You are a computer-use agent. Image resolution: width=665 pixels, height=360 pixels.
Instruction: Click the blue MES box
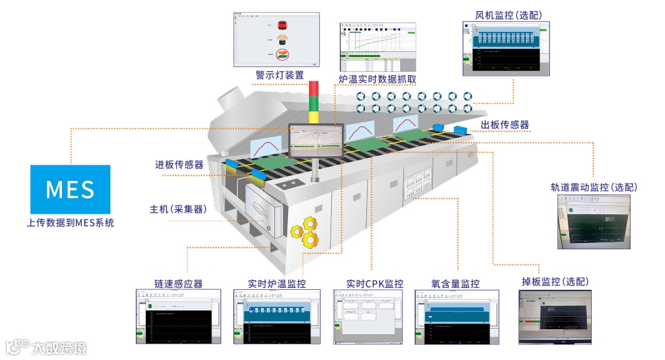(70, 189)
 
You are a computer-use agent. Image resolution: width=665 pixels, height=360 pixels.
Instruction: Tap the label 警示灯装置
(280, 75)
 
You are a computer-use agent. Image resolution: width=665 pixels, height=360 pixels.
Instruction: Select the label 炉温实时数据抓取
(377, 79)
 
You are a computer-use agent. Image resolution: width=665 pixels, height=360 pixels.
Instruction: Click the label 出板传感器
(505, 125)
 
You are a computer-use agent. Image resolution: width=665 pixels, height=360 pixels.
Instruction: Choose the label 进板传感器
(180, 165)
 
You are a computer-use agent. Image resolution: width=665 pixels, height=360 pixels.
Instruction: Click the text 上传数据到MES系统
(70, 222)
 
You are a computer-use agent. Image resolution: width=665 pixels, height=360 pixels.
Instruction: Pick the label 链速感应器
(178, 284)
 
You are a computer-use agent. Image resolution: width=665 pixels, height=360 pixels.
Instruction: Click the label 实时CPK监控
(375, 284)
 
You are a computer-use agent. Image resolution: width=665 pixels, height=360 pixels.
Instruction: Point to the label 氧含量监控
(455, 284)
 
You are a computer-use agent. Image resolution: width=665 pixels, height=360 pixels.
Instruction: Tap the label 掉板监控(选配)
(555, 282)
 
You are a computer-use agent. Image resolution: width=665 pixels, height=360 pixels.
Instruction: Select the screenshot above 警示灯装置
(276, 39)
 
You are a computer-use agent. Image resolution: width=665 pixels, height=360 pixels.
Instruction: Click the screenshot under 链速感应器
(180, 317)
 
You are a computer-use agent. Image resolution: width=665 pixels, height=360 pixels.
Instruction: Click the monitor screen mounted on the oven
(316, 140)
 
